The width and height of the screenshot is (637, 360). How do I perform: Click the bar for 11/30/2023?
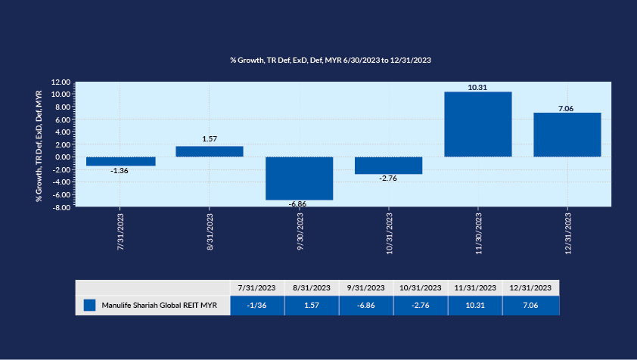(477, 124)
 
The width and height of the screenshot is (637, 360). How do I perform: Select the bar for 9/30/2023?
(299, 178)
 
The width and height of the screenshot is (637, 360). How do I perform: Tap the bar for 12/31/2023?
(567, 135)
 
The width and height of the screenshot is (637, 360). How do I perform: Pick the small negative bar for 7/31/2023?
(120, 161)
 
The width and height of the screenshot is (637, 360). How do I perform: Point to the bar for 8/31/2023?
(210, 151)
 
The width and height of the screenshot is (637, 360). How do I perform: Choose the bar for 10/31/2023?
(388, 165)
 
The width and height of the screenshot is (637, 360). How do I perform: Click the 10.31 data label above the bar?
(477, 87)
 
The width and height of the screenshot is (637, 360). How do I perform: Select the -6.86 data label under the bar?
(299, 204)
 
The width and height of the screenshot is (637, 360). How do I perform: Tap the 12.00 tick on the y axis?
(61, 82)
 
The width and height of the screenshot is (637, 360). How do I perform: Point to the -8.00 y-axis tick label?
(61, 206)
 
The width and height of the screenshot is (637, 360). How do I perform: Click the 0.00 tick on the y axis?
(63, 157)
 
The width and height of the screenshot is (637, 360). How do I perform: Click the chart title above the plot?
(331, 59)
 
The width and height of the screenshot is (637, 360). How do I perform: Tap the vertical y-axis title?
(39, 145)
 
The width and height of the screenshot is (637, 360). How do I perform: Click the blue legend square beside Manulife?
(90, 305)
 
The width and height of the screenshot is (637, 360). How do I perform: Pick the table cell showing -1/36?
(256, 305)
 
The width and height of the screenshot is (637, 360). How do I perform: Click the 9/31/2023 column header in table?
(365, 287)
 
